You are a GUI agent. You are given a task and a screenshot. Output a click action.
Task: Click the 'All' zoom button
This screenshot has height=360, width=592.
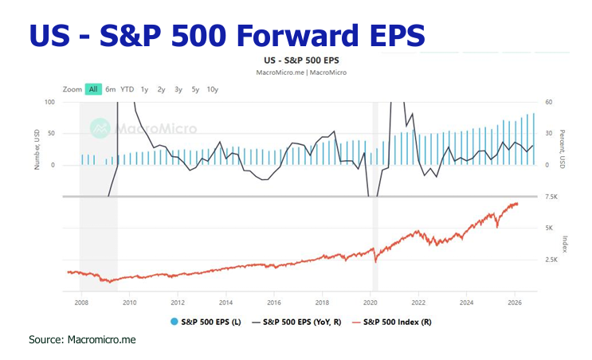[x=93, y=89]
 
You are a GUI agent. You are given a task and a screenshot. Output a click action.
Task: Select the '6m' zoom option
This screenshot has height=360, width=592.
[x=110, y=89]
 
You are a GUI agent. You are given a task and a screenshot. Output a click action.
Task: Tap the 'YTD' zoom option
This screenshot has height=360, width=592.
[x=127, y=89]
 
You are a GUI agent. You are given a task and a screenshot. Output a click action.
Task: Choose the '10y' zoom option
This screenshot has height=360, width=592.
[x=212, y=89]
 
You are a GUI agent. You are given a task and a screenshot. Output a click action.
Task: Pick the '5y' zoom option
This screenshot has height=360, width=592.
[x=194, y=89]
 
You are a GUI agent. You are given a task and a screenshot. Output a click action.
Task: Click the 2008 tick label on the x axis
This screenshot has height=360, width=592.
[x=81, y=303]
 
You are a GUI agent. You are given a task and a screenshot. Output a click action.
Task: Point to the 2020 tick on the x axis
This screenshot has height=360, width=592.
[x=370, y=303]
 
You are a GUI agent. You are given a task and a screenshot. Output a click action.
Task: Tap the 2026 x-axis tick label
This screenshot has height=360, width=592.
[x=515, y=303]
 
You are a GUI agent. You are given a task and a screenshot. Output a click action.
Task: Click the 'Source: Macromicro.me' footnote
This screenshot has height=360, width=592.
[x=82, y=339]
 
